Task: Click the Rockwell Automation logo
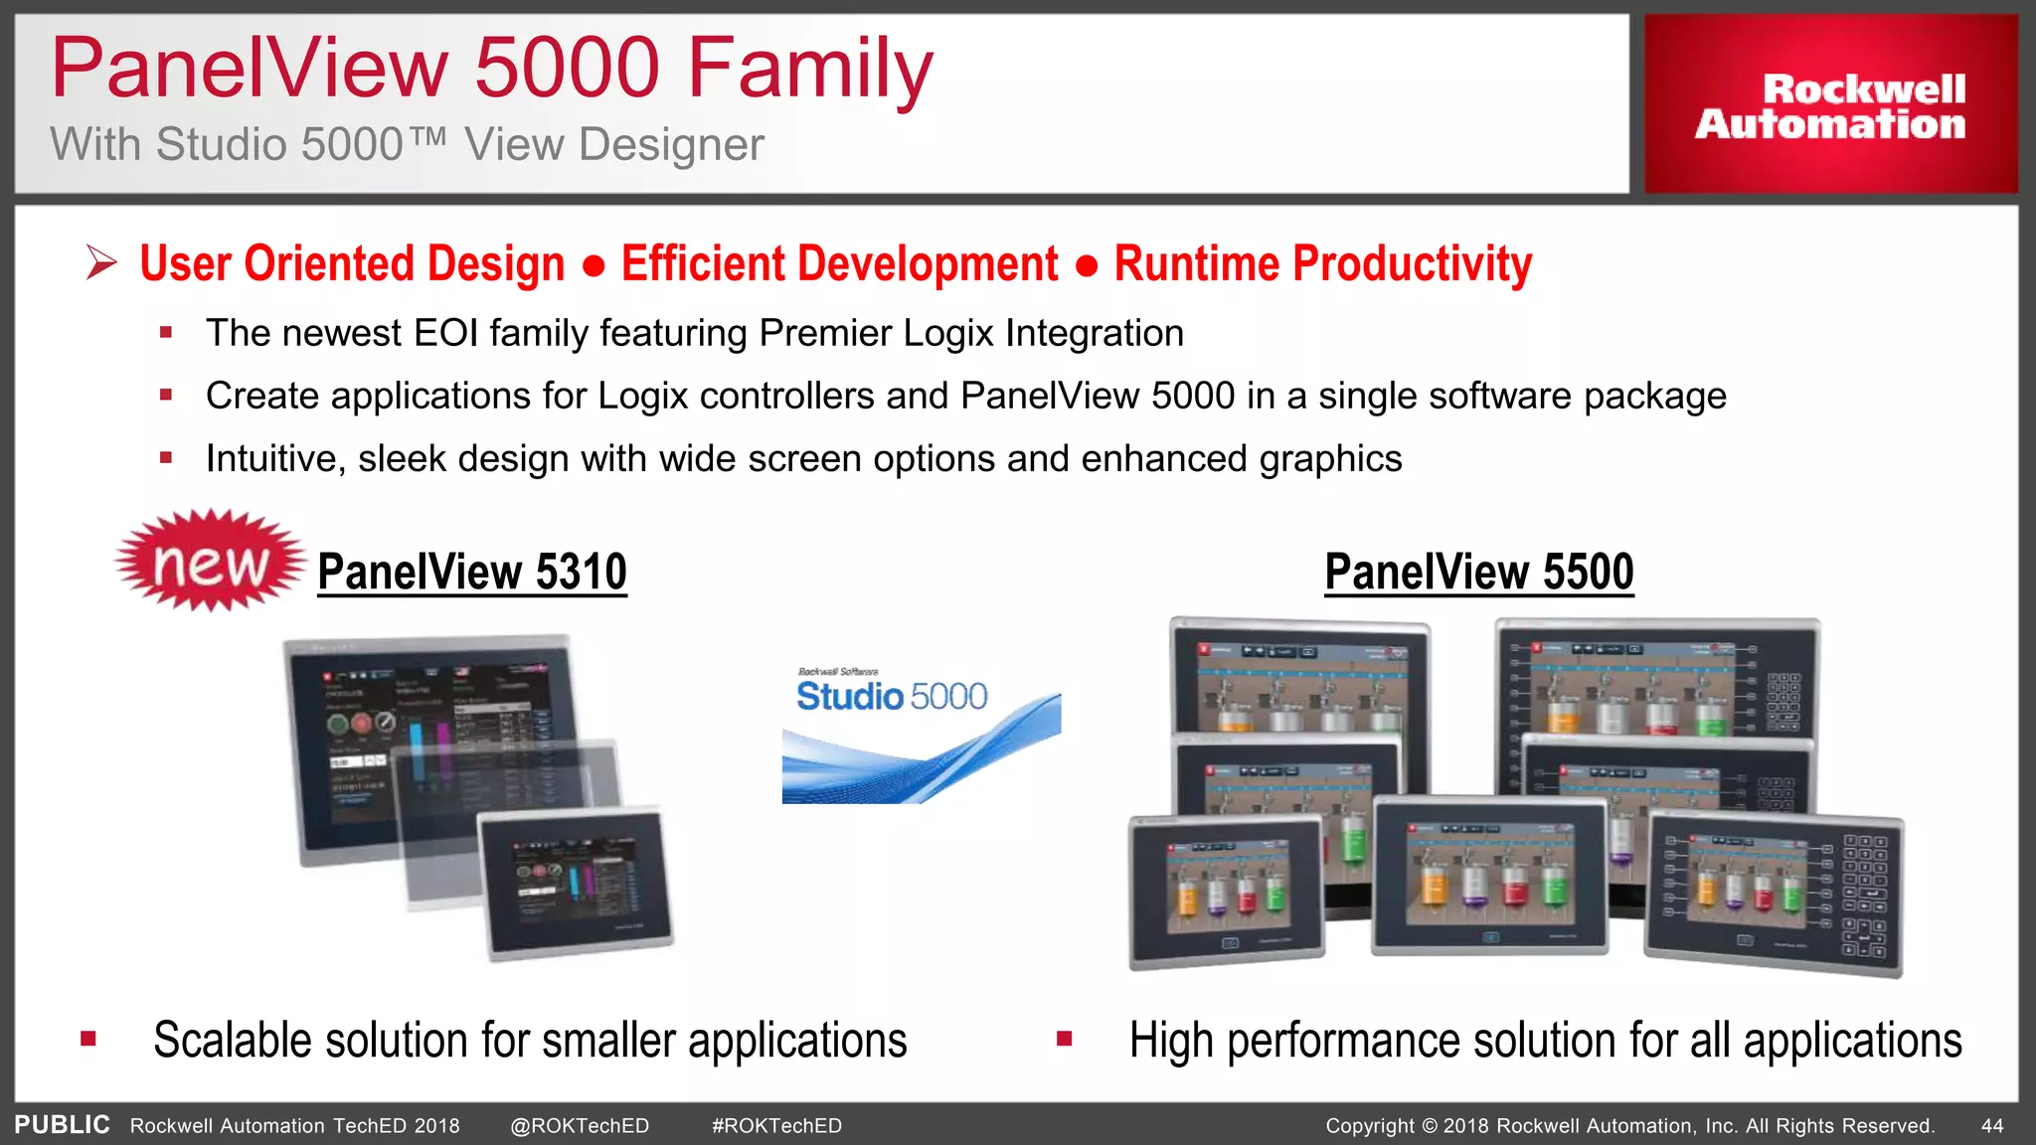1830,105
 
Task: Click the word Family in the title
810,70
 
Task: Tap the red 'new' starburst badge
210,563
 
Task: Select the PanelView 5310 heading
472,572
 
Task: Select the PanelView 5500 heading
1478,572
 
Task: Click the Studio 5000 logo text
891,696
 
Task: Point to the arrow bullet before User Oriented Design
101,263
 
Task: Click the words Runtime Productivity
1322,264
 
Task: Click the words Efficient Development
839,264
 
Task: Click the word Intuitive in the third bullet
273,459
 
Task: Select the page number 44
1991,1126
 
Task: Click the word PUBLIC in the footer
62,1125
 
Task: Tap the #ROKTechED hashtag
776,1126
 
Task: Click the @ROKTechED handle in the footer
580,1126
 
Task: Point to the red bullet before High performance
1064,1040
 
